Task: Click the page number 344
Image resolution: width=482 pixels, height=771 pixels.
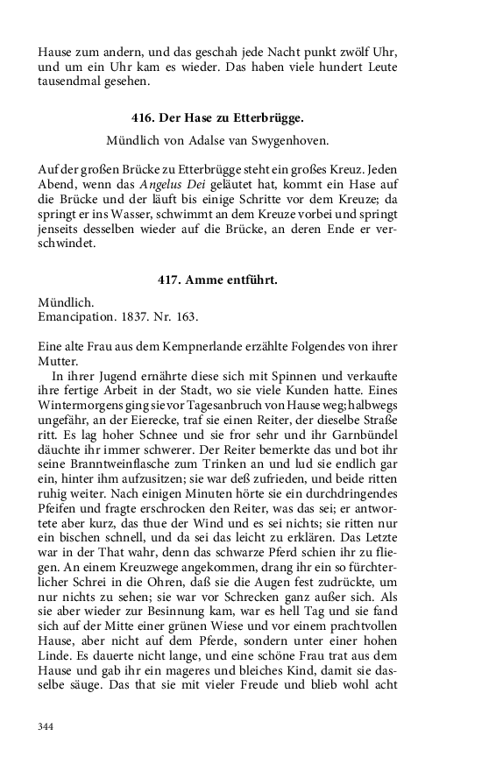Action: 46,726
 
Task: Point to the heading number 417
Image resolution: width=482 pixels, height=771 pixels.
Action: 170,279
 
